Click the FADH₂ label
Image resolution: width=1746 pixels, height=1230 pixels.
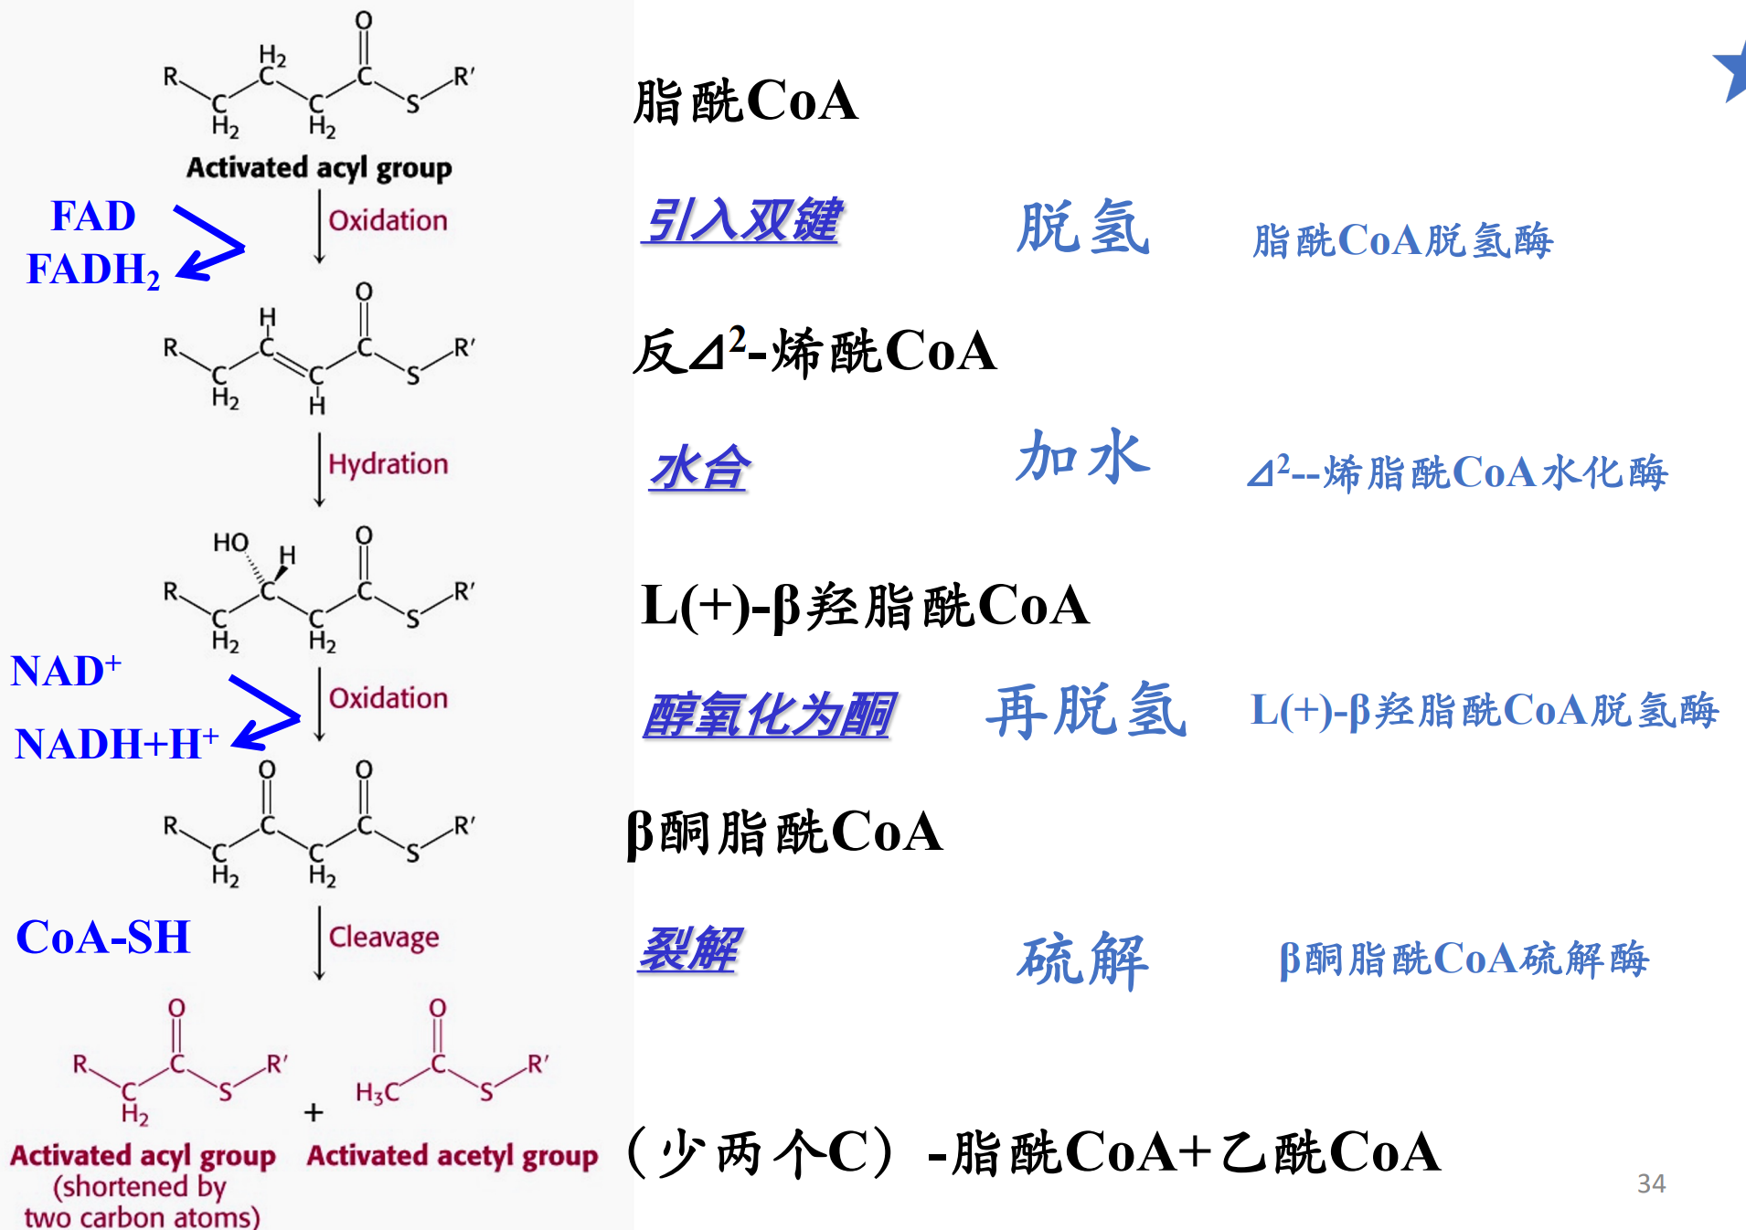pos(93,270)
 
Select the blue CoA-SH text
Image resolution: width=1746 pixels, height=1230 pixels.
pos(103,938)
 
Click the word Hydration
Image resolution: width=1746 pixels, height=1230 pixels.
pos(389,464)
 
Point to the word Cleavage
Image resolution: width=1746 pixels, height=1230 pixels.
pos(384,938)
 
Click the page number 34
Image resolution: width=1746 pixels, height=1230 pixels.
pos(1651,1184)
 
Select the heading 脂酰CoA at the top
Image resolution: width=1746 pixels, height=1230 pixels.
pos(746,101)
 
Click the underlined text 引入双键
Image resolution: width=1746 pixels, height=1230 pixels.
pos(741,221)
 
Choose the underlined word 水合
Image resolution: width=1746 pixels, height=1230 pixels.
pos(699,470)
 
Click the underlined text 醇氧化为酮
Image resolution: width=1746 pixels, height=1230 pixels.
pos(768,715)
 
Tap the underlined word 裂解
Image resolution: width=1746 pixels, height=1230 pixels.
pos(689,950)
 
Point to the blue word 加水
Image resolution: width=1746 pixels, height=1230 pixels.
pos(1083,457)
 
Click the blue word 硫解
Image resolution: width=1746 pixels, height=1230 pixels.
pos(1083,960)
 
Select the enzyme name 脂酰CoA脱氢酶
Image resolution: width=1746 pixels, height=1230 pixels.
pos(1402,241)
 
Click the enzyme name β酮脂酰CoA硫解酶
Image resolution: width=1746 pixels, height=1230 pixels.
pos(1464,960)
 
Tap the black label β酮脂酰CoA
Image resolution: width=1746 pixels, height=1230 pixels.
pos(784,832)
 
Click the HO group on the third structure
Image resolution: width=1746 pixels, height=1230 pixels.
pos(230,543)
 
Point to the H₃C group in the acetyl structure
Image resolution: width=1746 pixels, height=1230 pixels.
pos(377,1092)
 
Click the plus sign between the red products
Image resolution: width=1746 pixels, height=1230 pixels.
pos(314,1112)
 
